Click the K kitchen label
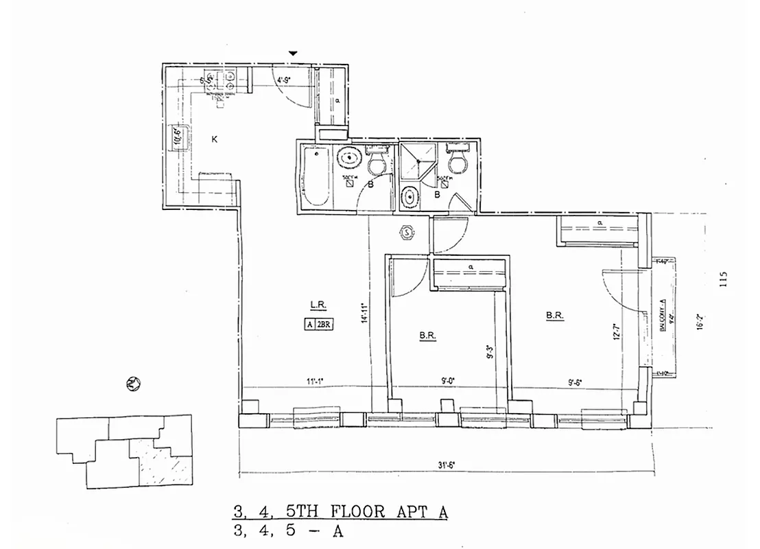click(215, 139)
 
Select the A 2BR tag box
click(319, 325)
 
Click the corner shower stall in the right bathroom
click(417, 161)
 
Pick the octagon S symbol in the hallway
click(407, 232)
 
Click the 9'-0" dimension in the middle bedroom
click(449, 380)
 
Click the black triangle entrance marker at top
click(294, 53)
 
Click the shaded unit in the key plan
click(163, 463)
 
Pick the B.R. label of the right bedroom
click(554, 316)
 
